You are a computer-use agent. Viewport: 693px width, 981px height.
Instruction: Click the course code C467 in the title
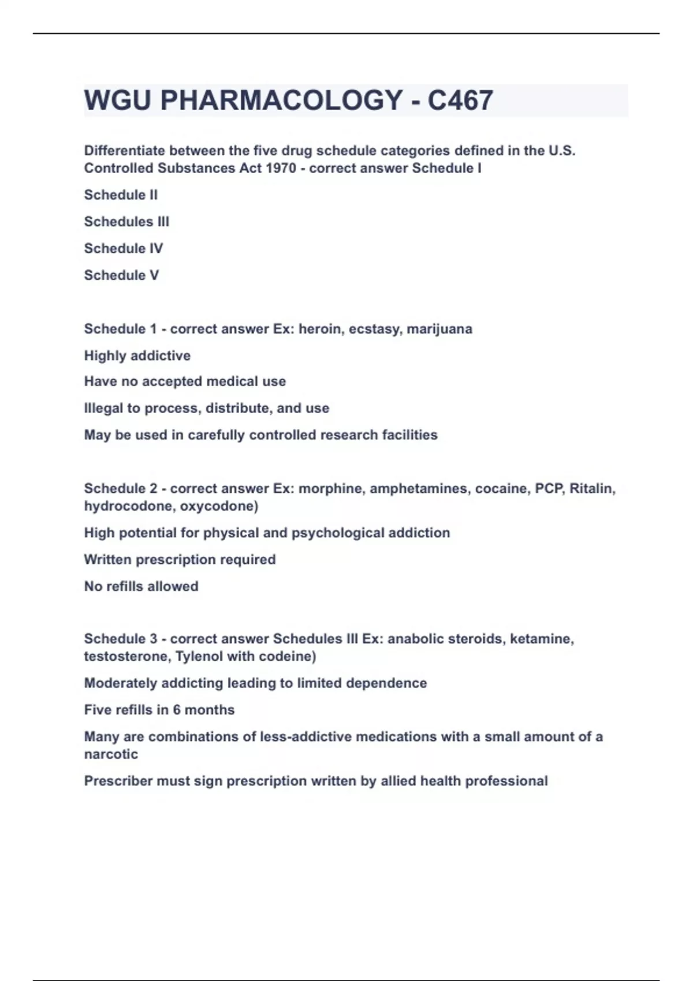tap(460, 100)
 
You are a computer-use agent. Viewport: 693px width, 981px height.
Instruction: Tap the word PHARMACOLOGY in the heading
tap(281, 100)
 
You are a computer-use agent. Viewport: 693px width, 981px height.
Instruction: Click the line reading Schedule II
tap(121, 195)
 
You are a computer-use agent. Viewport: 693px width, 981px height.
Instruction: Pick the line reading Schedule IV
tap(124, 249)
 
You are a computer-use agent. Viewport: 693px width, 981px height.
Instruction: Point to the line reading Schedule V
tap(121, 275)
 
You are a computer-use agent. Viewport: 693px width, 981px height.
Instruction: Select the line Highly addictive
tap(137, 355)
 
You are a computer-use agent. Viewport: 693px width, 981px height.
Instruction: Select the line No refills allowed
tap(141, 586)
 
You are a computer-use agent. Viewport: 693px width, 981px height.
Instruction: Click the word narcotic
tap(111, 754)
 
